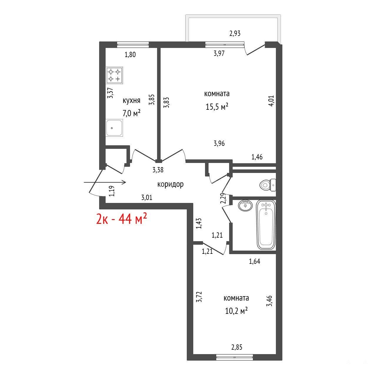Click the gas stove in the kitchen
[x=114, y=75]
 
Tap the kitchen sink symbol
[x=114, y=128]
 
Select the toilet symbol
[x=268, y=185]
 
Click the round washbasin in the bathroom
[x=245, y=206]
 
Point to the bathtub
[x=266, y=225]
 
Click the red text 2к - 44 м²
[x=121, y=219]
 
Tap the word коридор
[x=170, y=184]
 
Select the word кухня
[x=131, y=101]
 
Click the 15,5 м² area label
[x=217, y=107]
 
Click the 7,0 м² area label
[x=131, y=113]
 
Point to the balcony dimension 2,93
[x=235, y=34]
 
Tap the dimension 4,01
[x=271, y=100]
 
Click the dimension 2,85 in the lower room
[x=237, y=347]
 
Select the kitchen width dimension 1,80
[x=130, y=54]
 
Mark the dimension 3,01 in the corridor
[x=147, y=198]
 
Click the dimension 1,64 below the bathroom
[x=254, y=261]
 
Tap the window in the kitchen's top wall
[x=133, y=45]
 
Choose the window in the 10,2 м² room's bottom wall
[x=234, y=363]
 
